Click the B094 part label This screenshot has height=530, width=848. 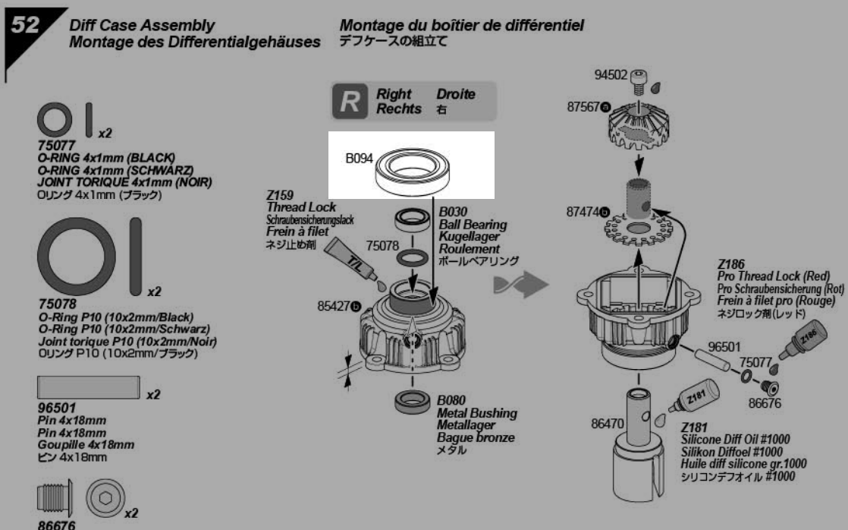pos(360,159)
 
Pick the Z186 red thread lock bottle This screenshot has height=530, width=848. pos(806,339)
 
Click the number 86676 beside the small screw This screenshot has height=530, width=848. pos(765,404)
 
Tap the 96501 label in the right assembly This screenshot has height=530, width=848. pos(724,345)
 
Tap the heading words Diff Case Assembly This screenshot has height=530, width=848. pos(141,27)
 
